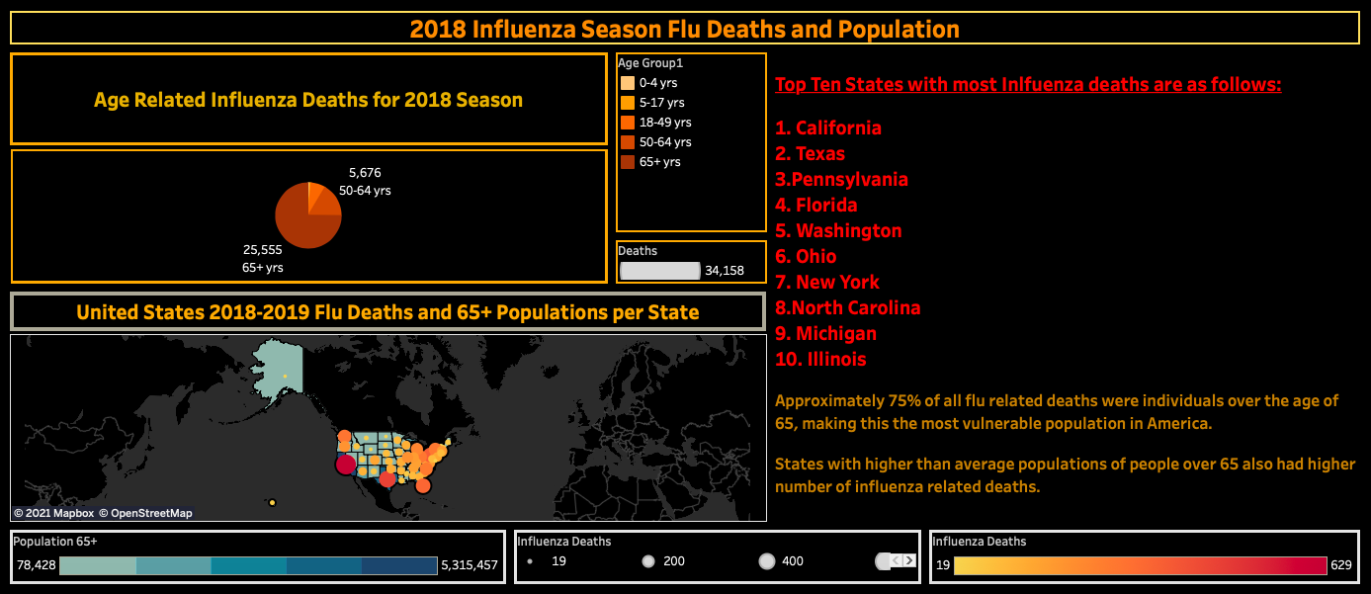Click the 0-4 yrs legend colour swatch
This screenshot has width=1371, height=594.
(x=627, y=83)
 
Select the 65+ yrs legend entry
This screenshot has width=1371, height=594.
(x=659, y=162)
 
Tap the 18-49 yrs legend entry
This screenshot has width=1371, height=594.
(x=664, y=123)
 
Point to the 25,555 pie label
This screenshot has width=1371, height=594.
(x=263, y=250)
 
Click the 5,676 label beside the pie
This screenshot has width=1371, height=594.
(x=365, y=173)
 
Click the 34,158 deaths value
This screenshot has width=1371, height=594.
(x=725, y=270)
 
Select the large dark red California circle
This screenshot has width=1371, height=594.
(x=346, y=465)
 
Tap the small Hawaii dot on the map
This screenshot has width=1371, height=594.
(x=272, y=503)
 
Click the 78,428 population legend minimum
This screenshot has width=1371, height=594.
(x=36, y=566)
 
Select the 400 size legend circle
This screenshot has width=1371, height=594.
(x=767, y=561)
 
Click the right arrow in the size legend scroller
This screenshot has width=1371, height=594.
(x=909, y=561)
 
